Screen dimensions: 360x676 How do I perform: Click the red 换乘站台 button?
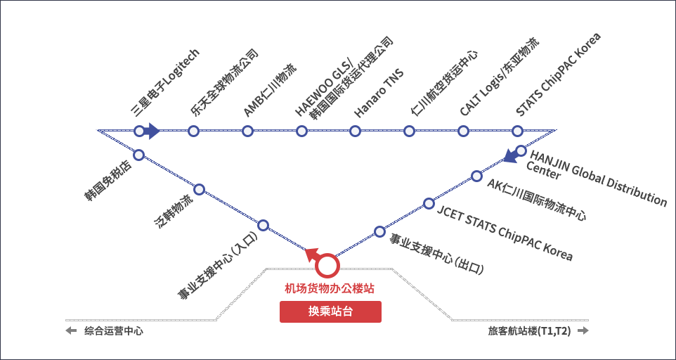click(x=330, y=312)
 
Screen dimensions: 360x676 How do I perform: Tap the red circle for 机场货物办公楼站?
click(x=327, y=266)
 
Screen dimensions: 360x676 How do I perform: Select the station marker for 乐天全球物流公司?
click(x=193, y=131)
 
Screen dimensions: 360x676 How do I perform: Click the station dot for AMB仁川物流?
click(x=247, y=131)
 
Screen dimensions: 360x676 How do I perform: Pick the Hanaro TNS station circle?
click(x=355, y=131)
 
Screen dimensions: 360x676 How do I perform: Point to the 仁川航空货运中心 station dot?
click(x=409, y=131)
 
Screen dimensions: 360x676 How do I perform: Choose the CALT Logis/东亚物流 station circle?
click(x=463, y=131)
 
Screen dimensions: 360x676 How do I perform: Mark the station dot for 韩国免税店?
click(x=138, y=155)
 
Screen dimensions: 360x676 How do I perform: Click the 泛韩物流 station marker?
click(x=199, y=189)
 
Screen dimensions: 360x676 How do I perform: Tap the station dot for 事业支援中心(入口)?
click(x=263, y=225)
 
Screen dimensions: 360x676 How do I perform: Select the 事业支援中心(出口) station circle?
click(x=379, y=231)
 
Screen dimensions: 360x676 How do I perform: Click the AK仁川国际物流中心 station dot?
click(x=476, y=176)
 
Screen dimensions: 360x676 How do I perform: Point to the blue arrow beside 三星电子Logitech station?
click(x=152, y=131)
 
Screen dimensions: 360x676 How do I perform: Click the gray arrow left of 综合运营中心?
click(x=71, y=330)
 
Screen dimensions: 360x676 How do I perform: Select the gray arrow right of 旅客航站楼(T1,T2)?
click(x=583, y=330)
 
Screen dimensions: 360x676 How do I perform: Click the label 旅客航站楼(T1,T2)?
click(x=530, y=330)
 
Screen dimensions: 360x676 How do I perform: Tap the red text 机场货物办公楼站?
click(x=329, y=288)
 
